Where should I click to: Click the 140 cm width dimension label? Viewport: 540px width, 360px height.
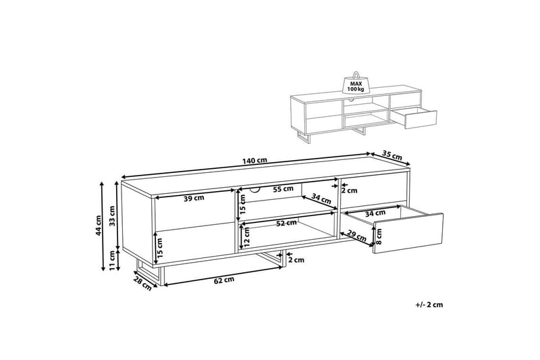point(255,161)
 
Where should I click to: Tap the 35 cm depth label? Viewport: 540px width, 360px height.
point(392,155)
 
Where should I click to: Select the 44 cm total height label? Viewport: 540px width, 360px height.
point(98,226)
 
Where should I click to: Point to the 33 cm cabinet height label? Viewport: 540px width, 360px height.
point(112,215)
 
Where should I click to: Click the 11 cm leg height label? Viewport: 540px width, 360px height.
point(112,261)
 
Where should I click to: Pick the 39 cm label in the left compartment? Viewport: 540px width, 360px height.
point(193,198)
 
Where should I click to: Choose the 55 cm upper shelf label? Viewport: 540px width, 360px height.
point(283,189)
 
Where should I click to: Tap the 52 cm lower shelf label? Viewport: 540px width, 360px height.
point(286,223)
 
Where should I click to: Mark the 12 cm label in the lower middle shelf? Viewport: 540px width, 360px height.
point(246,238)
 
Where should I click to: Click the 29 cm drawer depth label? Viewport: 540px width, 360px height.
point(356,236)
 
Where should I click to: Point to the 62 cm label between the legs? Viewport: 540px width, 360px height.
point(224,280)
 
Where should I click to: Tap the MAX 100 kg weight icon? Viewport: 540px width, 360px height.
point(356,82)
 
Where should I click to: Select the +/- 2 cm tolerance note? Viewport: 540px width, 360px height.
point(429,305)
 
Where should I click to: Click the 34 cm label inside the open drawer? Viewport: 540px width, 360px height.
point(375,213)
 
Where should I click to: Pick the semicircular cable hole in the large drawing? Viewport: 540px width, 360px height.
point(255,190)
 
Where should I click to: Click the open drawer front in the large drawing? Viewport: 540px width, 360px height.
point(408,234)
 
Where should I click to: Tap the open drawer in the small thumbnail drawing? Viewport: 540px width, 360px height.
point(414,118)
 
